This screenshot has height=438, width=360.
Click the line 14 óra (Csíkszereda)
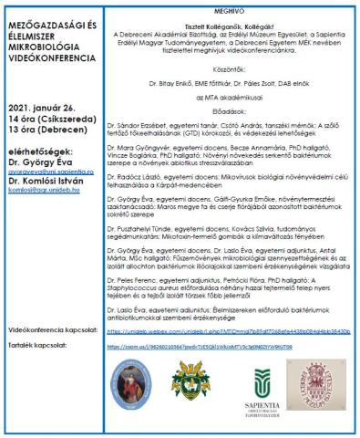click(x=51, y=120)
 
